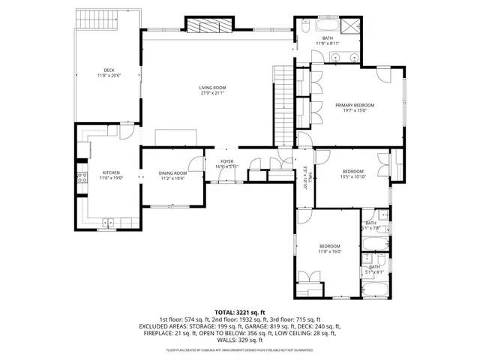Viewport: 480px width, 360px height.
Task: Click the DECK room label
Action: coord(108,72)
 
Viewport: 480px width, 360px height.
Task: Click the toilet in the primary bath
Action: coord(307,27)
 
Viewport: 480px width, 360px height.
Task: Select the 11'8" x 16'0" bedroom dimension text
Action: coord(330,252)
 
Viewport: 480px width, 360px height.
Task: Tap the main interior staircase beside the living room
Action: coord(283,105)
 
